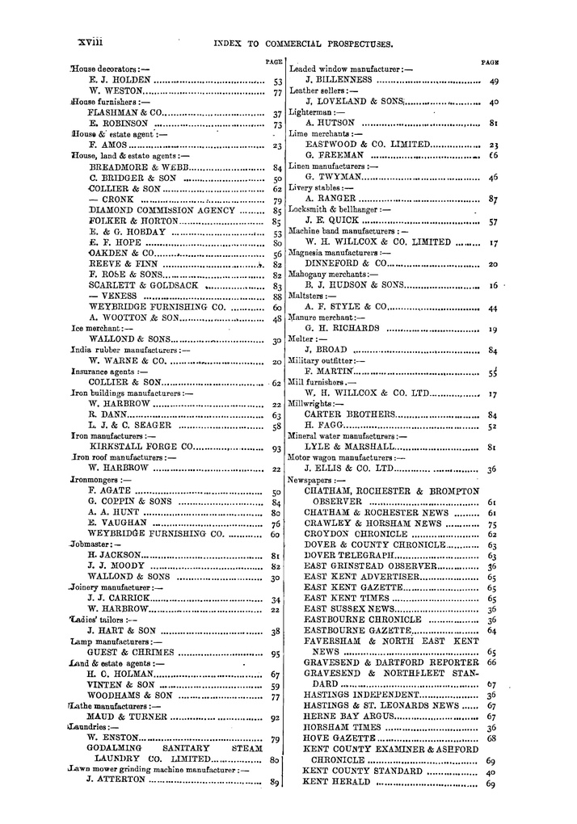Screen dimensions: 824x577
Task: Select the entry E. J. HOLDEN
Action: [x=120, y=81]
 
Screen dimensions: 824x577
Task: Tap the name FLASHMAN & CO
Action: [x=126, y=114]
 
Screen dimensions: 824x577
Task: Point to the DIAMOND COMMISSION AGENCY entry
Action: [x=162, y=210]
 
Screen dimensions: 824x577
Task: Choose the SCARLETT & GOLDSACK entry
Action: [x=142, y=286]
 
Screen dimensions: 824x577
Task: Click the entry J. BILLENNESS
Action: [x=339, y=81]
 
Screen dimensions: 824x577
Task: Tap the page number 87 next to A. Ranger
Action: [x=493, y=199]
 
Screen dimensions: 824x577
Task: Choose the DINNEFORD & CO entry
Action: [x=345, y=263]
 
